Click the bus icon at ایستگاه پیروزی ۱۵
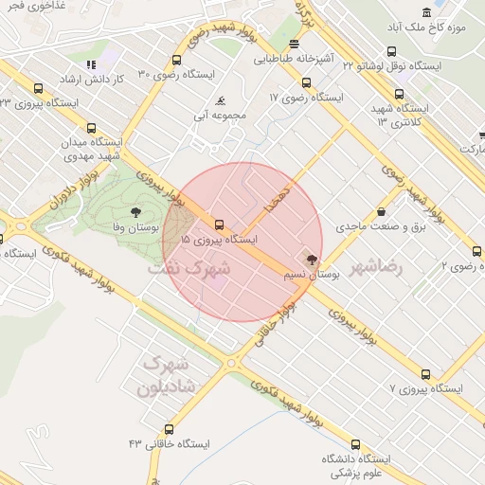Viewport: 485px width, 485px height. point(220,225)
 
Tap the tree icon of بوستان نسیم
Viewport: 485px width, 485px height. point(310,258)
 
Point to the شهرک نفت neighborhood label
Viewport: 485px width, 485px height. point(189,269)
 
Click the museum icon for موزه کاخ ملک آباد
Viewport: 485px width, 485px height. point(426,12)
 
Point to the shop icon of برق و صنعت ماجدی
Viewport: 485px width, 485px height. point(381,211)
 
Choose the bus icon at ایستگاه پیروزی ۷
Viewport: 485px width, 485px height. point(425,374)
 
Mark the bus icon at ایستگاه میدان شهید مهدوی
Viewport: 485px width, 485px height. point(91,128)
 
